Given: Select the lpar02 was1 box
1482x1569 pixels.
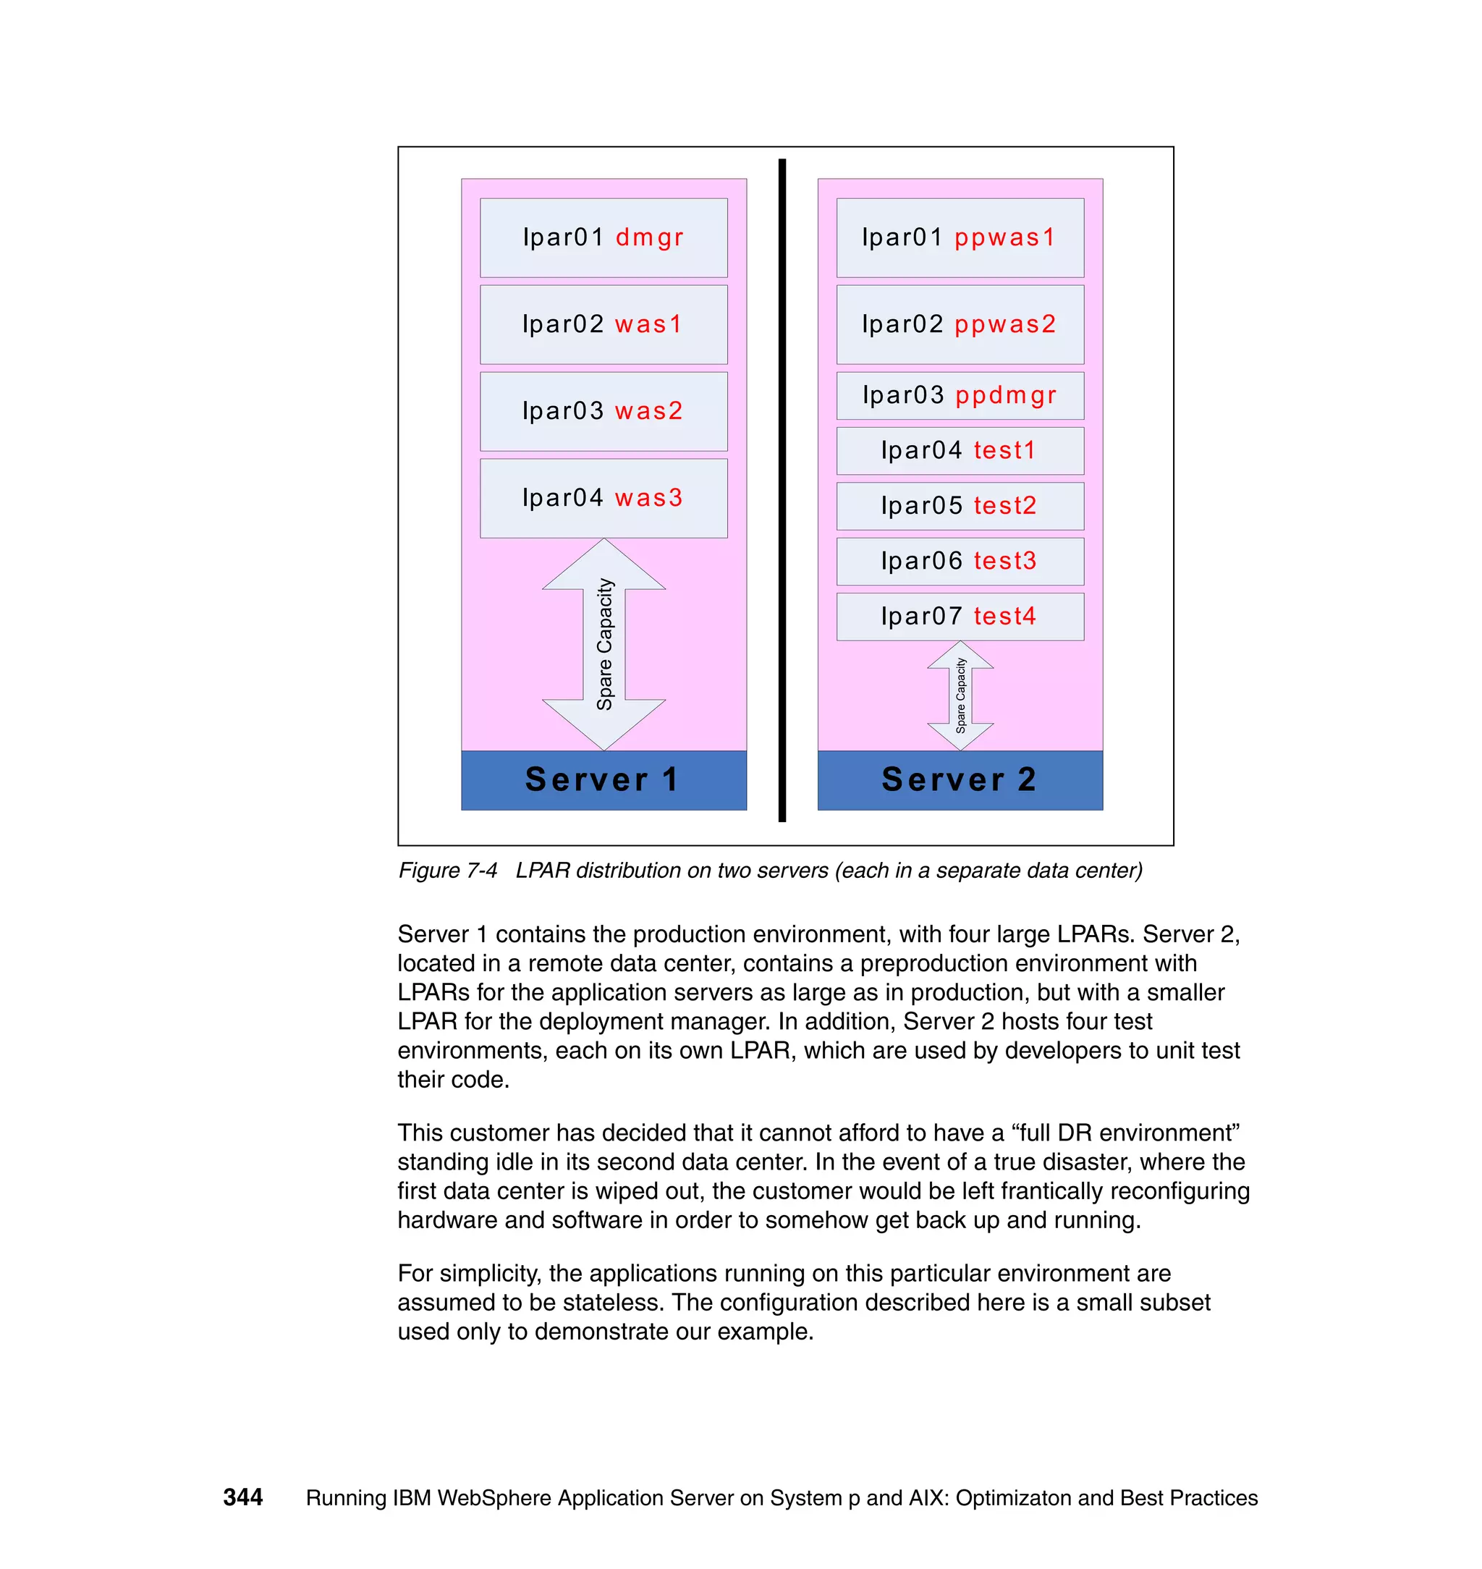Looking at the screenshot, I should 603,325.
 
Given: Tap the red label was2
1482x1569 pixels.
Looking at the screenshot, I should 648,412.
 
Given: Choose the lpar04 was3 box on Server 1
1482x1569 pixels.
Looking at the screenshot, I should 603,499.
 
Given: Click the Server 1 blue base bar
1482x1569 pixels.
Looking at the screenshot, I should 603,779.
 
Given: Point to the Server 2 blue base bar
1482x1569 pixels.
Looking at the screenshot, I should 959,779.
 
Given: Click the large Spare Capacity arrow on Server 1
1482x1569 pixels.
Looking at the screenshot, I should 604,644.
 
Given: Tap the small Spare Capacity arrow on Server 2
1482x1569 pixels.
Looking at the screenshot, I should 960,695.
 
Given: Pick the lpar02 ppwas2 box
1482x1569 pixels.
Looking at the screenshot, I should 959,325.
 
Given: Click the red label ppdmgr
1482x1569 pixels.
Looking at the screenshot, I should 1005,395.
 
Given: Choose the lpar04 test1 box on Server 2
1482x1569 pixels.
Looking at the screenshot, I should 959,451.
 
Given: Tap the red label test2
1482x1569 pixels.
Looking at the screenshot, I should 1004,506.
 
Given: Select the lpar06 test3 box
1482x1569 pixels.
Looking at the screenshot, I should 959,562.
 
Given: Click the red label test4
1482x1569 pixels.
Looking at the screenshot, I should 1004,616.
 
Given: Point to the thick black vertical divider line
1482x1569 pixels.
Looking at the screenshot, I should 782,490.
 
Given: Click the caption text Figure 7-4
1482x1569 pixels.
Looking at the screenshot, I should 447,871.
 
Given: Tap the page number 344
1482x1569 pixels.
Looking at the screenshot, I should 242,1497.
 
